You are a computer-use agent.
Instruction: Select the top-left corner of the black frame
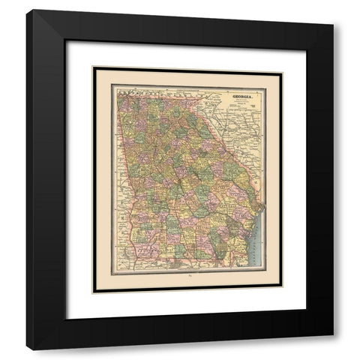[x=28, y=19]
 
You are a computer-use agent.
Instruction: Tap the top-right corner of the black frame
[x=333, y=19]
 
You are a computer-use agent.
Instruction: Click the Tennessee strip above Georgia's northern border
[x=150, y=88]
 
